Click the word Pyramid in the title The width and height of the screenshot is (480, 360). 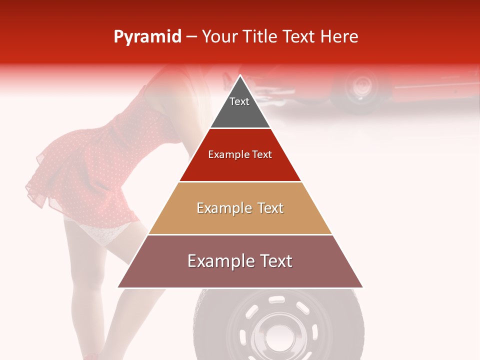[x=147, y=37]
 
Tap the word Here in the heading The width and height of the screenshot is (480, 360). [x=339, y=37]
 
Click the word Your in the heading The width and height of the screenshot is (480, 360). [x=219, y=37]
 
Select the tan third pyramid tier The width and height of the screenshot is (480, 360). [x=240, y=220]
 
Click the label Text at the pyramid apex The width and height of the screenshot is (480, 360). [x=239, y=101]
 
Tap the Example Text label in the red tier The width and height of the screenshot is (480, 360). [x=240, y=154]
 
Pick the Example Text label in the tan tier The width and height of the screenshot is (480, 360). [x=240, y=208]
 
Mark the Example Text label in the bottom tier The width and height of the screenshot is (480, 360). [x=240, y=261]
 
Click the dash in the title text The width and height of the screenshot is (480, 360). [x=191, y=37]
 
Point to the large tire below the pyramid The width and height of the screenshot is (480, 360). [x=220, y=325]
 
